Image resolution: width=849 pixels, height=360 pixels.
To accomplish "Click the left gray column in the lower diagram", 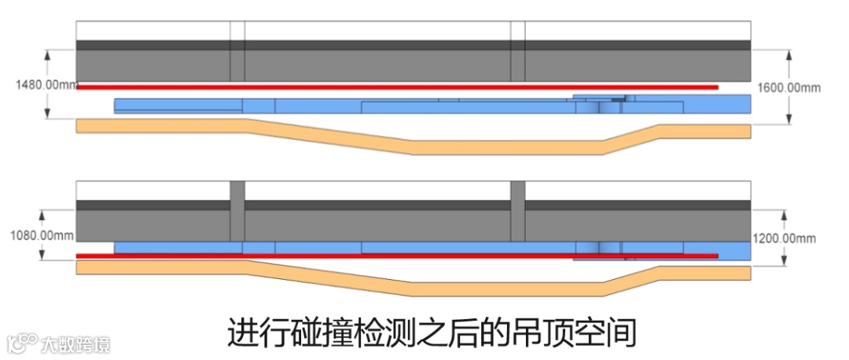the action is [237, 211].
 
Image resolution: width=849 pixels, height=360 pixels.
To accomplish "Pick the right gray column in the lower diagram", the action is [517, 211].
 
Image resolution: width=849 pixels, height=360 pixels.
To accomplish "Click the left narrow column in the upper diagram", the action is [237, 51].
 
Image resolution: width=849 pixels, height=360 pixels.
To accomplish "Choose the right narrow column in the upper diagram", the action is [517, 51].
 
